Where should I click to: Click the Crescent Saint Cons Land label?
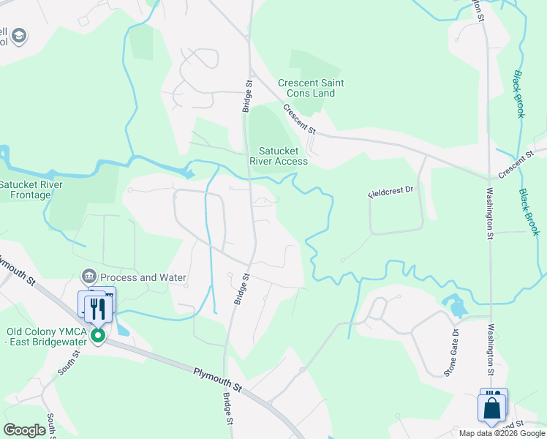[311, 88]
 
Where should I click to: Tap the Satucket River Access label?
[279, 156]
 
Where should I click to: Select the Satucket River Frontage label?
[31, 190]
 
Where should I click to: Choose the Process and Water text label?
[143, 277]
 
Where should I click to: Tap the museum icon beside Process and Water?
[89, 277]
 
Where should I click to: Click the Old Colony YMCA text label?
[47, 337]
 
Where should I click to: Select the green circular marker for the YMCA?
[97, 336]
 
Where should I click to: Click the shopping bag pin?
[492, 408]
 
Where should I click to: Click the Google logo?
[24, 430]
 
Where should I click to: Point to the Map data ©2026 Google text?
[501, 433]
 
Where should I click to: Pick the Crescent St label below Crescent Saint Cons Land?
[300, 119]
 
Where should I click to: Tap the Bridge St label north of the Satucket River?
[246, 97]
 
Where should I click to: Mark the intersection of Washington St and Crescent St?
[489, 176]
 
